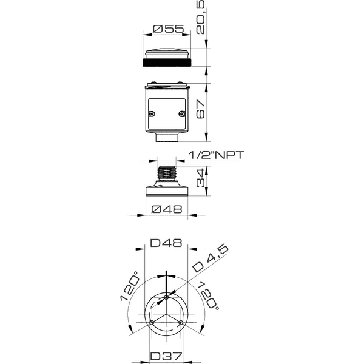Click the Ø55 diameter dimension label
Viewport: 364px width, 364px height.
(x=167, y=29)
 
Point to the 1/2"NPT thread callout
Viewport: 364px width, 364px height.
(x=216, y=155)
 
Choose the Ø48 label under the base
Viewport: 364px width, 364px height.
(x=167, y=210)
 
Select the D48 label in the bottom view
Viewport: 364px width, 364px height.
(x=167, y=243)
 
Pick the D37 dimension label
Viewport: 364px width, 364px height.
(x=167, y=356)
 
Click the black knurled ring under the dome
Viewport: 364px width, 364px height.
(x=167, y=62)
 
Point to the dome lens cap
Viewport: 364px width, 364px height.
(x=167, y=53)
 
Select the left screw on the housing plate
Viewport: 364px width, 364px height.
(x=153, y=113)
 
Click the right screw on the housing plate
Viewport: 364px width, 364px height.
(x=181, y=113)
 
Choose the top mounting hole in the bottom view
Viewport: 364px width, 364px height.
(x=167, y=297)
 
